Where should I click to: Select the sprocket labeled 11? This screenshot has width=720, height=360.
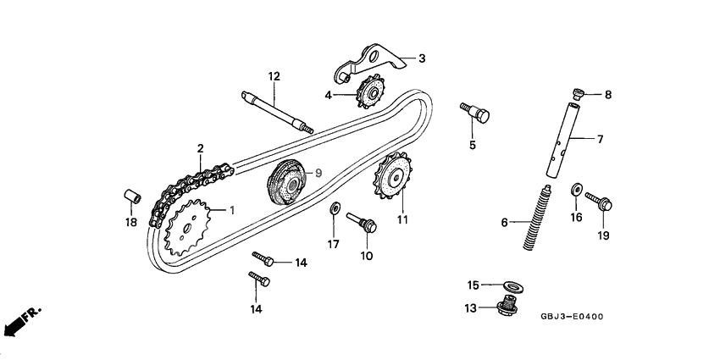[391, 180]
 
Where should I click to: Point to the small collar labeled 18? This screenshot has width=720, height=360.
[130, 196]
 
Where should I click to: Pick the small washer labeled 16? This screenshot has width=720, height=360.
[577, 189]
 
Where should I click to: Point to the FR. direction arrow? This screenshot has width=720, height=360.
[20, 321]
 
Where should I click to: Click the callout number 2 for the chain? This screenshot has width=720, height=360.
[201, 149]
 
